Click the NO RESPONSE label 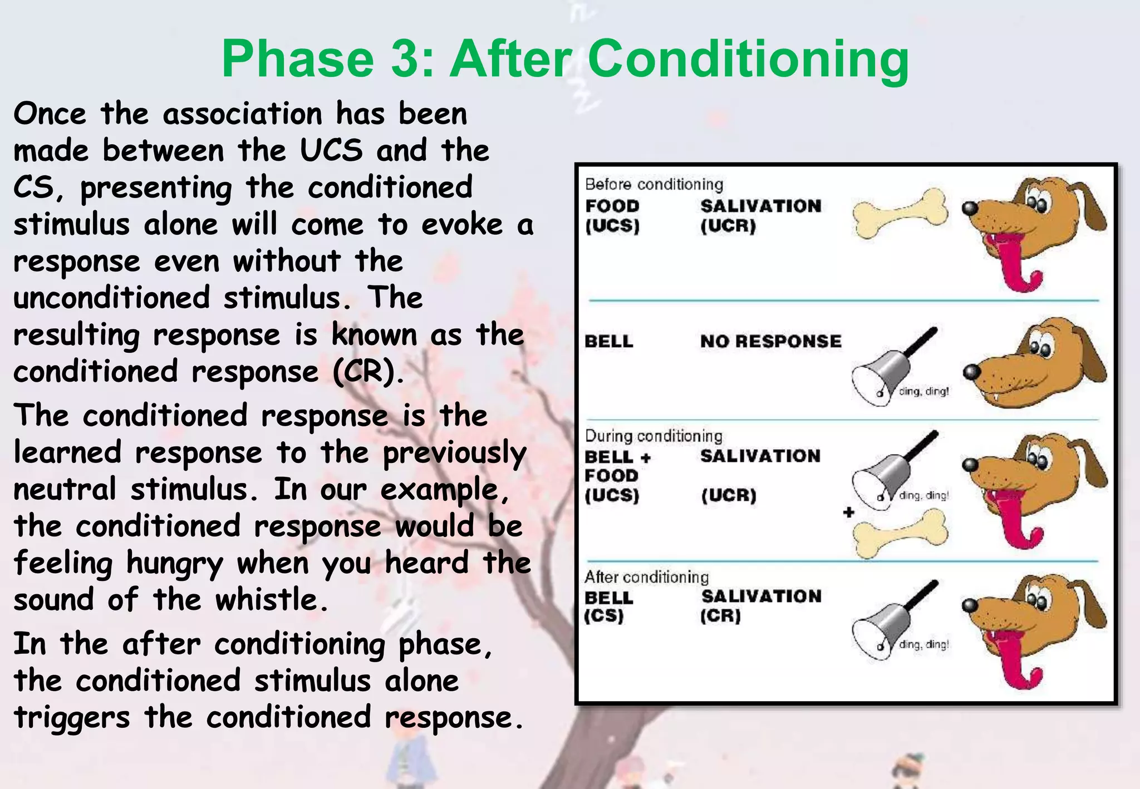click(770, 341)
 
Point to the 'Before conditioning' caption click(653, 184)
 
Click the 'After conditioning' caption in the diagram click(646, 577)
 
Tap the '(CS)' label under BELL click(603, 616)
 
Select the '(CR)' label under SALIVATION click(720, 616)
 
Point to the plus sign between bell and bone click(848, 512)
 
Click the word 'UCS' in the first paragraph click(331, 151)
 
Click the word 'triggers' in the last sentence click(72, 718)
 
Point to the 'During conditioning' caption click(653, 436)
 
